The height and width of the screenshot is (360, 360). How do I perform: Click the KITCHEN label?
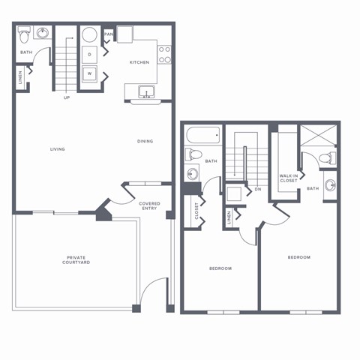click(x=139, y=62)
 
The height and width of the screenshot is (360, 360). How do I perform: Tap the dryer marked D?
click(x=89, y=55)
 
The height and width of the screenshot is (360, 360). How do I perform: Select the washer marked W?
click(x=89, y=73)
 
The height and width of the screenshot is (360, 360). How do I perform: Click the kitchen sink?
click(x=146, y=92)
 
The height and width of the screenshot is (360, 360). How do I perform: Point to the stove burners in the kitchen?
click(x=165, y=55)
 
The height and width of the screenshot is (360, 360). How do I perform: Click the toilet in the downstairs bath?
click(x=25, y=34)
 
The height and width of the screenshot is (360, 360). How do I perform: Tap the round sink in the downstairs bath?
click(x=42, y=34)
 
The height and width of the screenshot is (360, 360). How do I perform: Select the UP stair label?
click(x=67, y=97)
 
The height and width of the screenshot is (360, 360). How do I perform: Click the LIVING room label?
click(x=58, y=149)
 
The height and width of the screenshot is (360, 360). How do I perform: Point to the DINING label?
click(x=145, y=142)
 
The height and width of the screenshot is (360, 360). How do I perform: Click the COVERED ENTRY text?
click(x=149, y=205)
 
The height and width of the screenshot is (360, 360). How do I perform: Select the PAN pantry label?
click(x=109, y=34)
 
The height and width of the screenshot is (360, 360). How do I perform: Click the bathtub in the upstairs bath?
click(x=202, y=136)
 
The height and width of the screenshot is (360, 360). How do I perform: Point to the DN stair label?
click(x=257, y=189)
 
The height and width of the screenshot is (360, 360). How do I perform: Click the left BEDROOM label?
click(x=220, y=268)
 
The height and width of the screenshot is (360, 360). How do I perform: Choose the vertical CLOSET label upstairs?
click(x=196, y=212)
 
